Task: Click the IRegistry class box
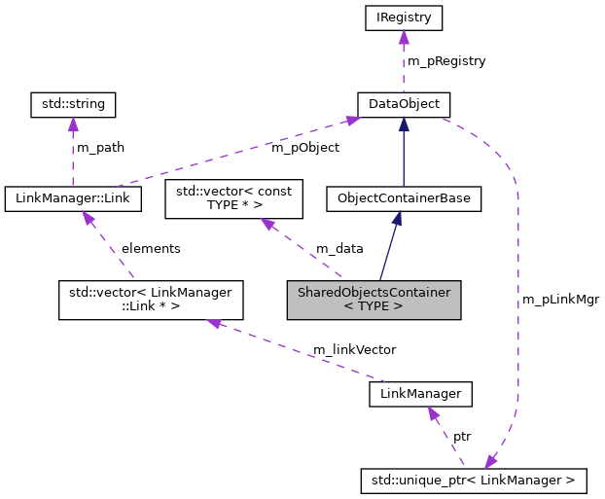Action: (403, 17)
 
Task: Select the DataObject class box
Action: (403, 102)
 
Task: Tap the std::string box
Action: (73, 102)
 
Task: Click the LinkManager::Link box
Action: (73, 198)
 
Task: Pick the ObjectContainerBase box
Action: (403, 198)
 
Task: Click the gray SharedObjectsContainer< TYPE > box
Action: (373, 300)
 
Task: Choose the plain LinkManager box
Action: (421, 394)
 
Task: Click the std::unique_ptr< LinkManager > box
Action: (474, 479)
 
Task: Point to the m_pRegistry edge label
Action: (446, 60)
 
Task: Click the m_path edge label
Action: (101, 148)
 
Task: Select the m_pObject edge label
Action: (305, 148)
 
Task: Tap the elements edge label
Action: (151, 248)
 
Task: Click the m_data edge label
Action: (338, 248)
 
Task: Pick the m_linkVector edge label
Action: (354, 348)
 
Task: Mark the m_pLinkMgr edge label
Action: (561, 299)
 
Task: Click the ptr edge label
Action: (463, 436)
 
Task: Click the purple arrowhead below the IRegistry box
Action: (403, 36)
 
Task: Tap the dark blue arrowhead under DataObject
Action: (403, 122)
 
